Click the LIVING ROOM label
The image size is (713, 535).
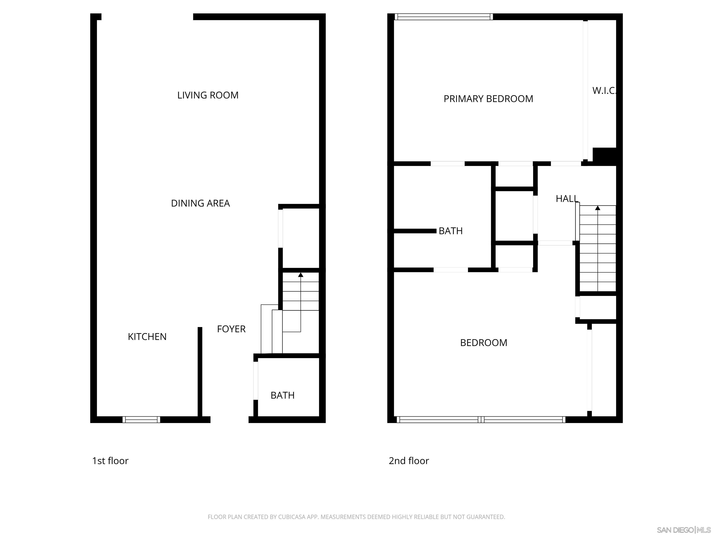point(208,95)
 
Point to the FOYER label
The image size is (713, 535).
point(231,329)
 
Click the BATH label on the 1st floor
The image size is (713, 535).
point(282,395)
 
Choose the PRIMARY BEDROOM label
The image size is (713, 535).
point(488,99)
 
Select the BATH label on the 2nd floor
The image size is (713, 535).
point(451,231)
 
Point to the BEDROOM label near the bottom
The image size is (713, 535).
point(483,343)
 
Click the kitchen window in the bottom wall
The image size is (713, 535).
point(141,420)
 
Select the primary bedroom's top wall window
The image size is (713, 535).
point(444,17)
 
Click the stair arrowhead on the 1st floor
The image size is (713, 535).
point(301,275)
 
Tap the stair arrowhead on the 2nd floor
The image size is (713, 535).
point(598,208)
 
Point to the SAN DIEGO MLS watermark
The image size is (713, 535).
point(683,530)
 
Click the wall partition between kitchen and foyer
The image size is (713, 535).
point(200,371)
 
